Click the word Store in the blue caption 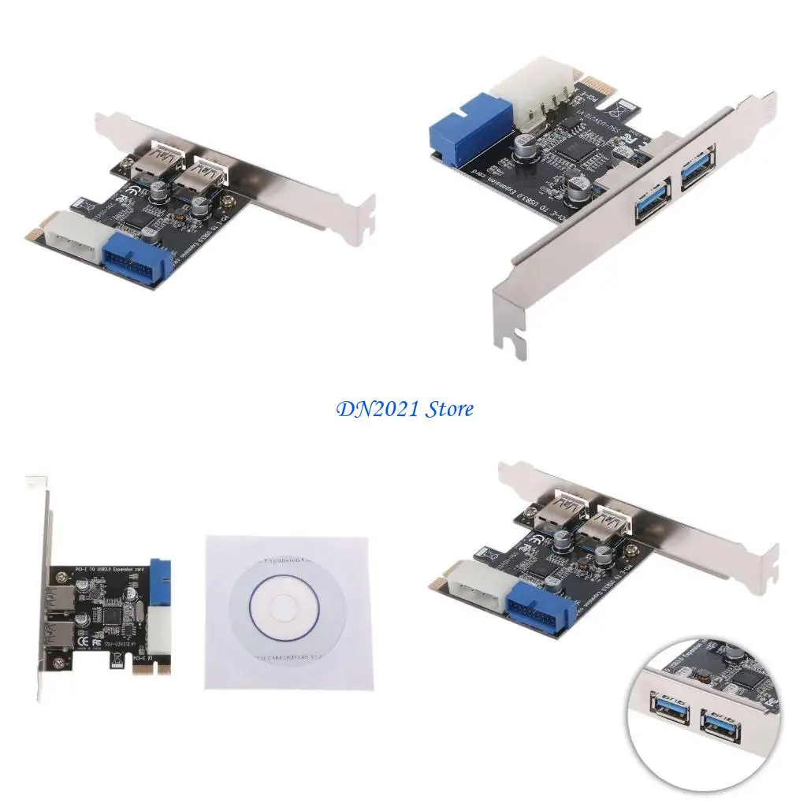click(x=449, y=409)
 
